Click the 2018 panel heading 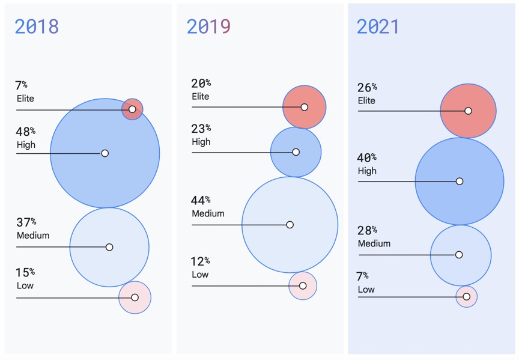tap(37, 26)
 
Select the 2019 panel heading tap(208, 26)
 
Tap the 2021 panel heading tap(378, 26)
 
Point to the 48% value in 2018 tap(25, 131)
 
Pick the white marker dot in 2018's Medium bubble tap(109, 247)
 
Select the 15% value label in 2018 tap(25, 272)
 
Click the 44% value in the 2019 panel tap(201, 200)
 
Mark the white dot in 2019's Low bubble tap(303, 285)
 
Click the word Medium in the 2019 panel tap(208, 214)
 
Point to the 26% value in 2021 tap(367, 88)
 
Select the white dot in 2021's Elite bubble tap(468, 111)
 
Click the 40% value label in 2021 tap(367, 157)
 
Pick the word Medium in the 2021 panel tap(374, 243)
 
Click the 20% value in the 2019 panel tap(201, 84)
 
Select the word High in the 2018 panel tap(26, 145)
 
